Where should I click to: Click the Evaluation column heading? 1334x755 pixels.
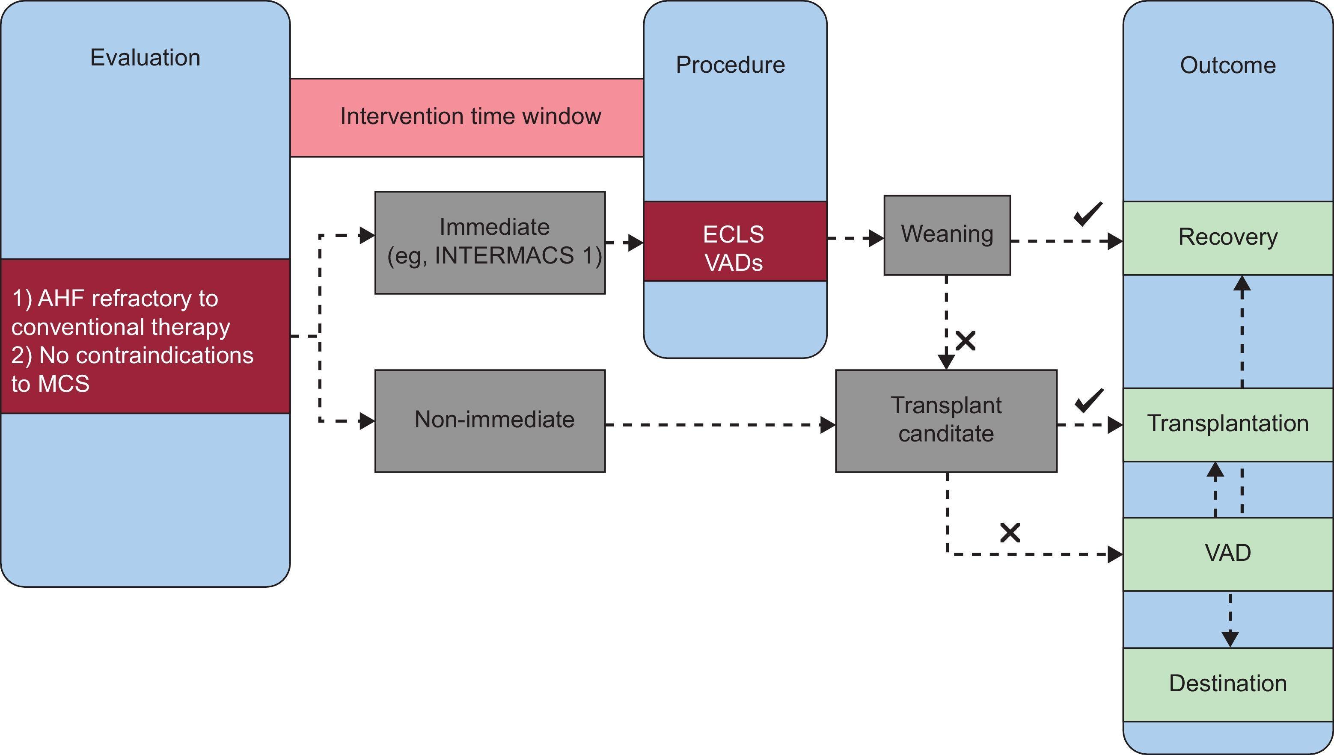145,58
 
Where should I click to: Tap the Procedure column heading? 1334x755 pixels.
730,65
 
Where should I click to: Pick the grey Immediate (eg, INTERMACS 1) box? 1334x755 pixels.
490,242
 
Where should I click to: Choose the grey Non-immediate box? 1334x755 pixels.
490,420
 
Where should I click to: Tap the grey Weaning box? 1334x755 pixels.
947,235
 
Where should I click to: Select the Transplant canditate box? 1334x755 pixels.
946,420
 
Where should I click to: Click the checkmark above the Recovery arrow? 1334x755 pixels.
1087,213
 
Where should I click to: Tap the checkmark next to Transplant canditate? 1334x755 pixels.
1089,400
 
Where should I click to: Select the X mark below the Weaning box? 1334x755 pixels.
965,340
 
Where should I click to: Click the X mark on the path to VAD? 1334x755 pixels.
1010,533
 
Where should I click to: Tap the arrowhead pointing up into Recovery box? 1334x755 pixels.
1242,284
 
